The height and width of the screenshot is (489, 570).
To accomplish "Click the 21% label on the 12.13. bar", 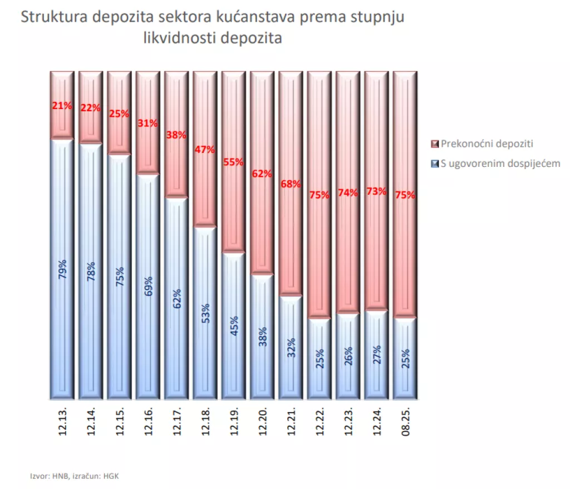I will point(62,105).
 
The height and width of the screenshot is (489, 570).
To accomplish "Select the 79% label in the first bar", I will point(62,269).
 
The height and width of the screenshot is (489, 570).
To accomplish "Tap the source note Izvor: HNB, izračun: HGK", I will point(75,476).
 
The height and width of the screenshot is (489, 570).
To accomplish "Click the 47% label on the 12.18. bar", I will point(205,150).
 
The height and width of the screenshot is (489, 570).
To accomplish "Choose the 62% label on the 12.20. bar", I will point(262,174).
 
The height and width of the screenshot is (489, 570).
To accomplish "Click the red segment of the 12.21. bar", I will point(291,239).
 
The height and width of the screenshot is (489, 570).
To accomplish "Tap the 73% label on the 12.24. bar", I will point(376,191).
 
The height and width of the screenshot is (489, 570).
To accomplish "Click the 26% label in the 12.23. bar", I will point(348,353).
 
